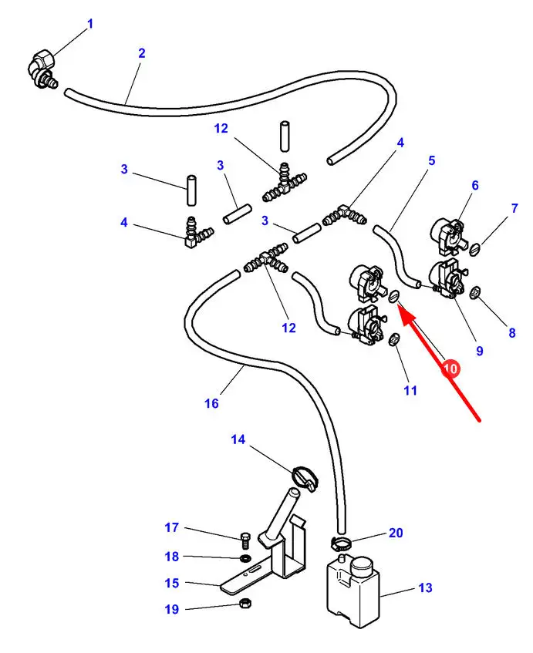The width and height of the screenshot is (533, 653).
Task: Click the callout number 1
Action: click(89, 25)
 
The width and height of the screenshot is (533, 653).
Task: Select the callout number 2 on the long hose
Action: click(142, 53)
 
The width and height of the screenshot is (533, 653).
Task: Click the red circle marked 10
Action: click(450, 369)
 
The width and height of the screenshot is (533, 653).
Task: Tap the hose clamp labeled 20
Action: click(339, 544)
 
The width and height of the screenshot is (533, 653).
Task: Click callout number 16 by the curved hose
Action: click(212, 402)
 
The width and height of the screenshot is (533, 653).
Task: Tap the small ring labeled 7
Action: click(475, 248)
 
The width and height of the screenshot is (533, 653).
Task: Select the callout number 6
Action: click(475, 185)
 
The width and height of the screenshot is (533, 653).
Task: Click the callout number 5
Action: click(432, 160)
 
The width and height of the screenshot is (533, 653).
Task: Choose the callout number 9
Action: click(479, 351)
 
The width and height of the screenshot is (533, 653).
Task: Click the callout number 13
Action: click(425, 588)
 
